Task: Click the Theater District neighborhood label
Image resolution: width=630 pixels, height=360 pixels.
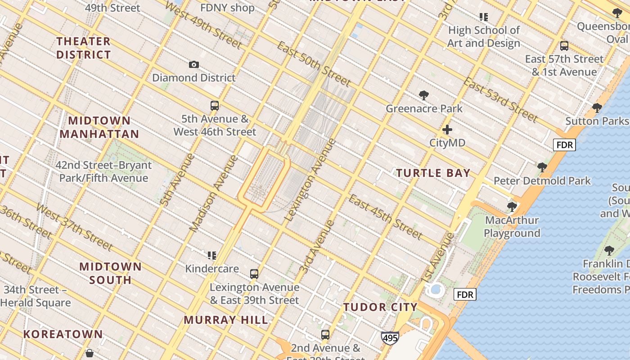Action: click(x=83, y=48)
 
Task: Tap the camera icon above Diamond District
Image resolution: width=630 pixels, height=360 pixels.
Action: click(x=194, y=65)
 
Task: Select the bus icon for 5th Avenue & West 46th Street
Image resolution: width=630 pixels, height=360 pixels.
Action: click(x=215, y=106)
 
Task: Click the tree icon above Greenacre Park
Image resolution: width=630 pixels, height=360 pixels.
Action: click(x=423, y=95)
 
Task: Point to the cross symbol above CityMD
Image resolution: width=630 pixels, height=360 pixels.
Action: click(x=447, y=130)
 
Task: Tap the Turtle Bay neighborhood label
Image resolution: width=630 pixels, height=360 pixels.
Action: click(x=433, y=173)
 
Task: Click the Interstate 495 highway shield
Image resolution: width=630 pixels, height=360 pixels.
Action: click(x=390, y=338)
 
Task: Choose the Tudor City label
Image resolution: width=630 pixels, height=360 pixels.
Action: click(x=381, y=307)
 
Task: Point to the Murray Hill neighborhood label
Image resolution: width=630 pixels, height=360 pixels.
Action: click(x=226, y=320)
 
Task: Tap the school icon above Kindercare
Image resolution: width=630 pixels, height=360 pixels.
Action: click(x=212, y=256)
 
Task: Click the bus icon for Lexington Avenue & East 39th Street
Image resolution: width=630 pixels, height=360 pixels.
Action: click(x=254, y=274)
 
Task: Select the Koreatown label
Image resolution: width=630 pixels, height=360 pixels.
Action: click(x=63, y=334)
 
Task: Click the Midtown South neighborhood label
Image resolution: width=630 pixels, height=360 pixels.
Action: click(x=111, y=273)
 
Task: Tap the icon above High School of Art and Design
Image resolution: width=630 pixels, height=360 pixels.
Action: click(x=484, y=18)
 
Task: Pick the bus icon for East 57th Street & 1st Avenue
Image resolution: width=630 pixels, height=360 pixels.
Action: click(x=564, y=46)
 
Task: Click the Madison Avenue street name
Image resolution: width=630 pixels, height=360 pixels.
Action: click(x=214, y=193)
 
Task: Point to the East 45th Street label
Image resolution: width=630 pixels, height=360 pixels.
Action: click(x=385, y=217)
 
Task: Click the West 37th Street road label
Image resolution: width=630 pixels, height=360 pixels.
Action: click(x=74, y=227)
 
